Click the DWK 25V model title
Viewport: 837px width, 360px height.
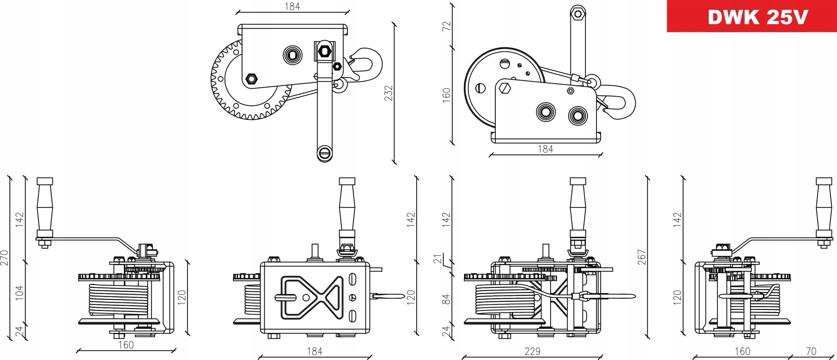coord(758,17)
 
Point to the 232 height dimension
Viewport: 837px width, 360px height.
coord(388,93)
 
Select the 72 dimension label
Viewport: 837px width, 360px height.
coord(446,26)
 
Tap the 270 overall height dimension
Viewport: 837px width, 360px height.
coord(4,258)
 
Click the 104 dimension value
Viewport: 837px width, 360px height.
coord(20,293)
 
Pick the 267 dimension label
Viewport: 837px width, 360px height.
coord(642,257)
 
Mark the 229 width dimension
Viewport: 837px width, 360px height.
coord(532,351)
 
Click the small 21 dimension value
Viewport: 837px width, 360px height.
coord(438,259)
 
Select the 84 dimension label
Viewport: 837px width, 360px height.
coord(446,299)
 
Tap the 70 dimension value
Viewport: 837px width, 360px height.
coord(811,351)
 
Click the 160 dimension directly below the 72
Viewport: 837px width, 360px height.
coord(446,95)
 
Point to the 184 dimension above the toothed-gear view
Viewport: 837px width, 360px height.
coord(292,7)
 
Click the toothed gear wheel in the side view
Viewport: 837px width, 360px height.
coord(229,98)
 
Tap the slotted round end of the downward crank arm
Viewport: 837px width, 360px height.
coord(325,152)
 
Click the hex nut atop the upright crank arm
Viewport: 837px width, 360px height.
coord(578,14)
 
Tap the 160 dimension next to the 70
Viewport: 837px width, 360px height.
coord(743,351)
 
